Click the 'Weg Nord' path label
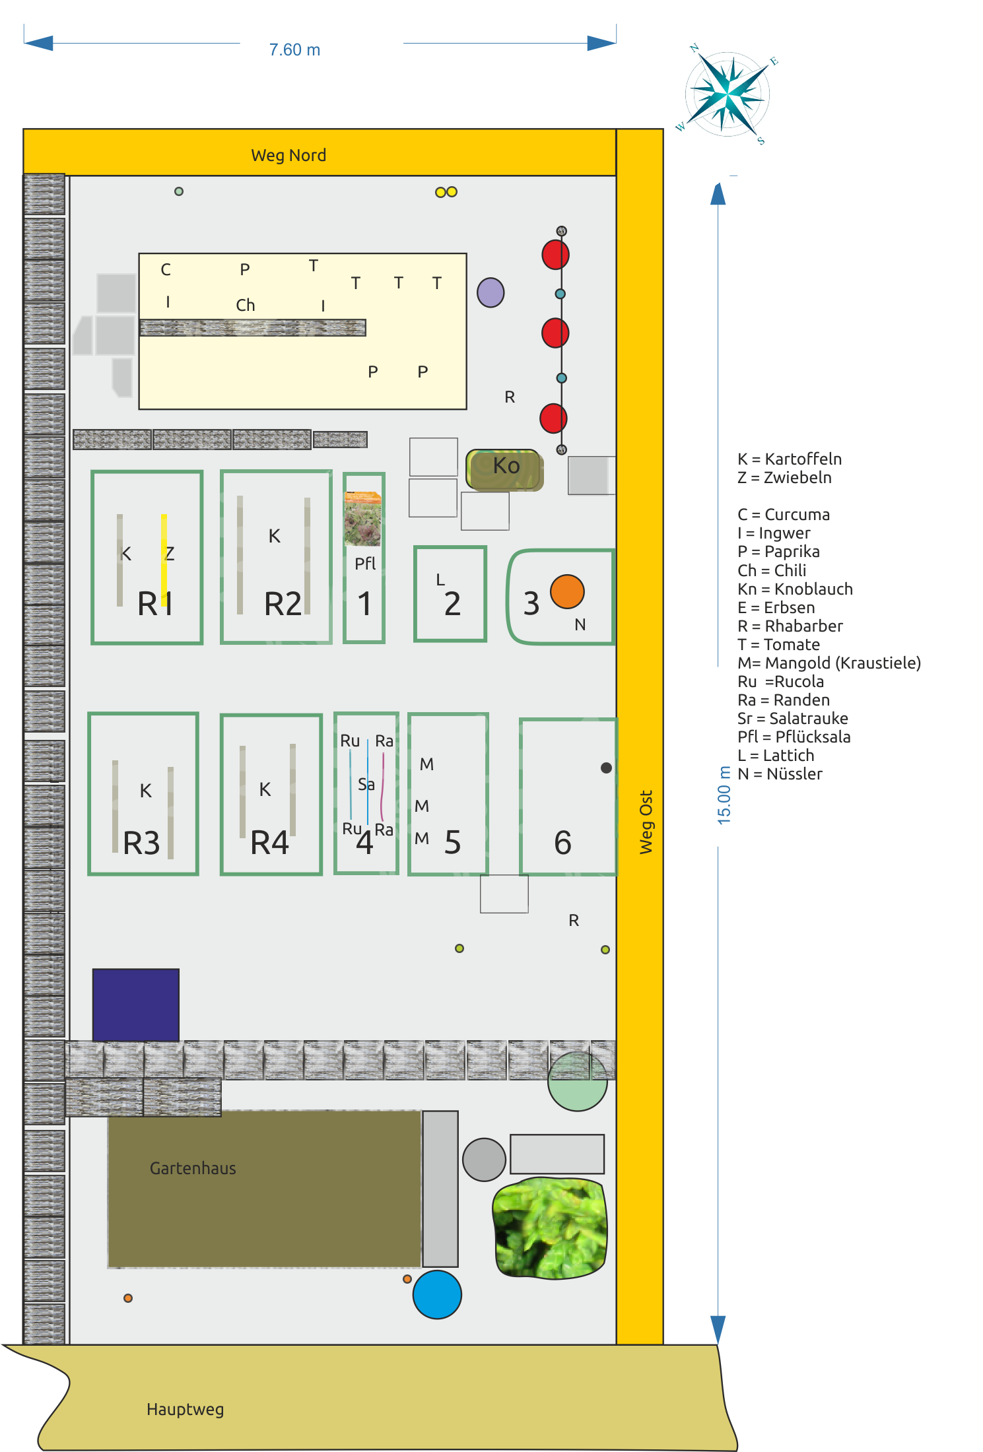[288, 156]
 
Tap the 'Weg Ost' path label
[646, 822]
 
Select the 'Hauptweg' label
[185, 1410]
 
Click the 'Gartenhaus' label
[193, 1168]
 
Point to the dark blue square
[136, 1005]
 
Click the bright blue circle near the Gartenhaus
[437, 1294]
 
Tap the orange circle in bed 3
[567, 591]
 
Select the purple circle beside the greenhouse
[491, 292]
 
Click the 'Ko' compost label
[506, 466]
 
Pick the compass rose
[728, 94]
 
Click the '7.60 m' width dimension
[294, 50]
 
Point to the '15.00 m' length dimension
[724, 795]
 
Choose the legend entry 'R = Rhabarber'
[790, 626]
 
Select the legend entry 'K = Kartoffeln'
[790, 459]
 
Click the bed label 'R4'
[269, 843]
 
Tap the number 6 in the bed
[562, 843]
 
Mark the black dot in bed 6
[606, 768]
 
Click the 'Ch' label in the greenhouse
[246, 306]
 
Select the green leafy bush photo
[549, 1228]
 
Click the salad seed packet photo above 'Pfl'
[362, 519]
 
